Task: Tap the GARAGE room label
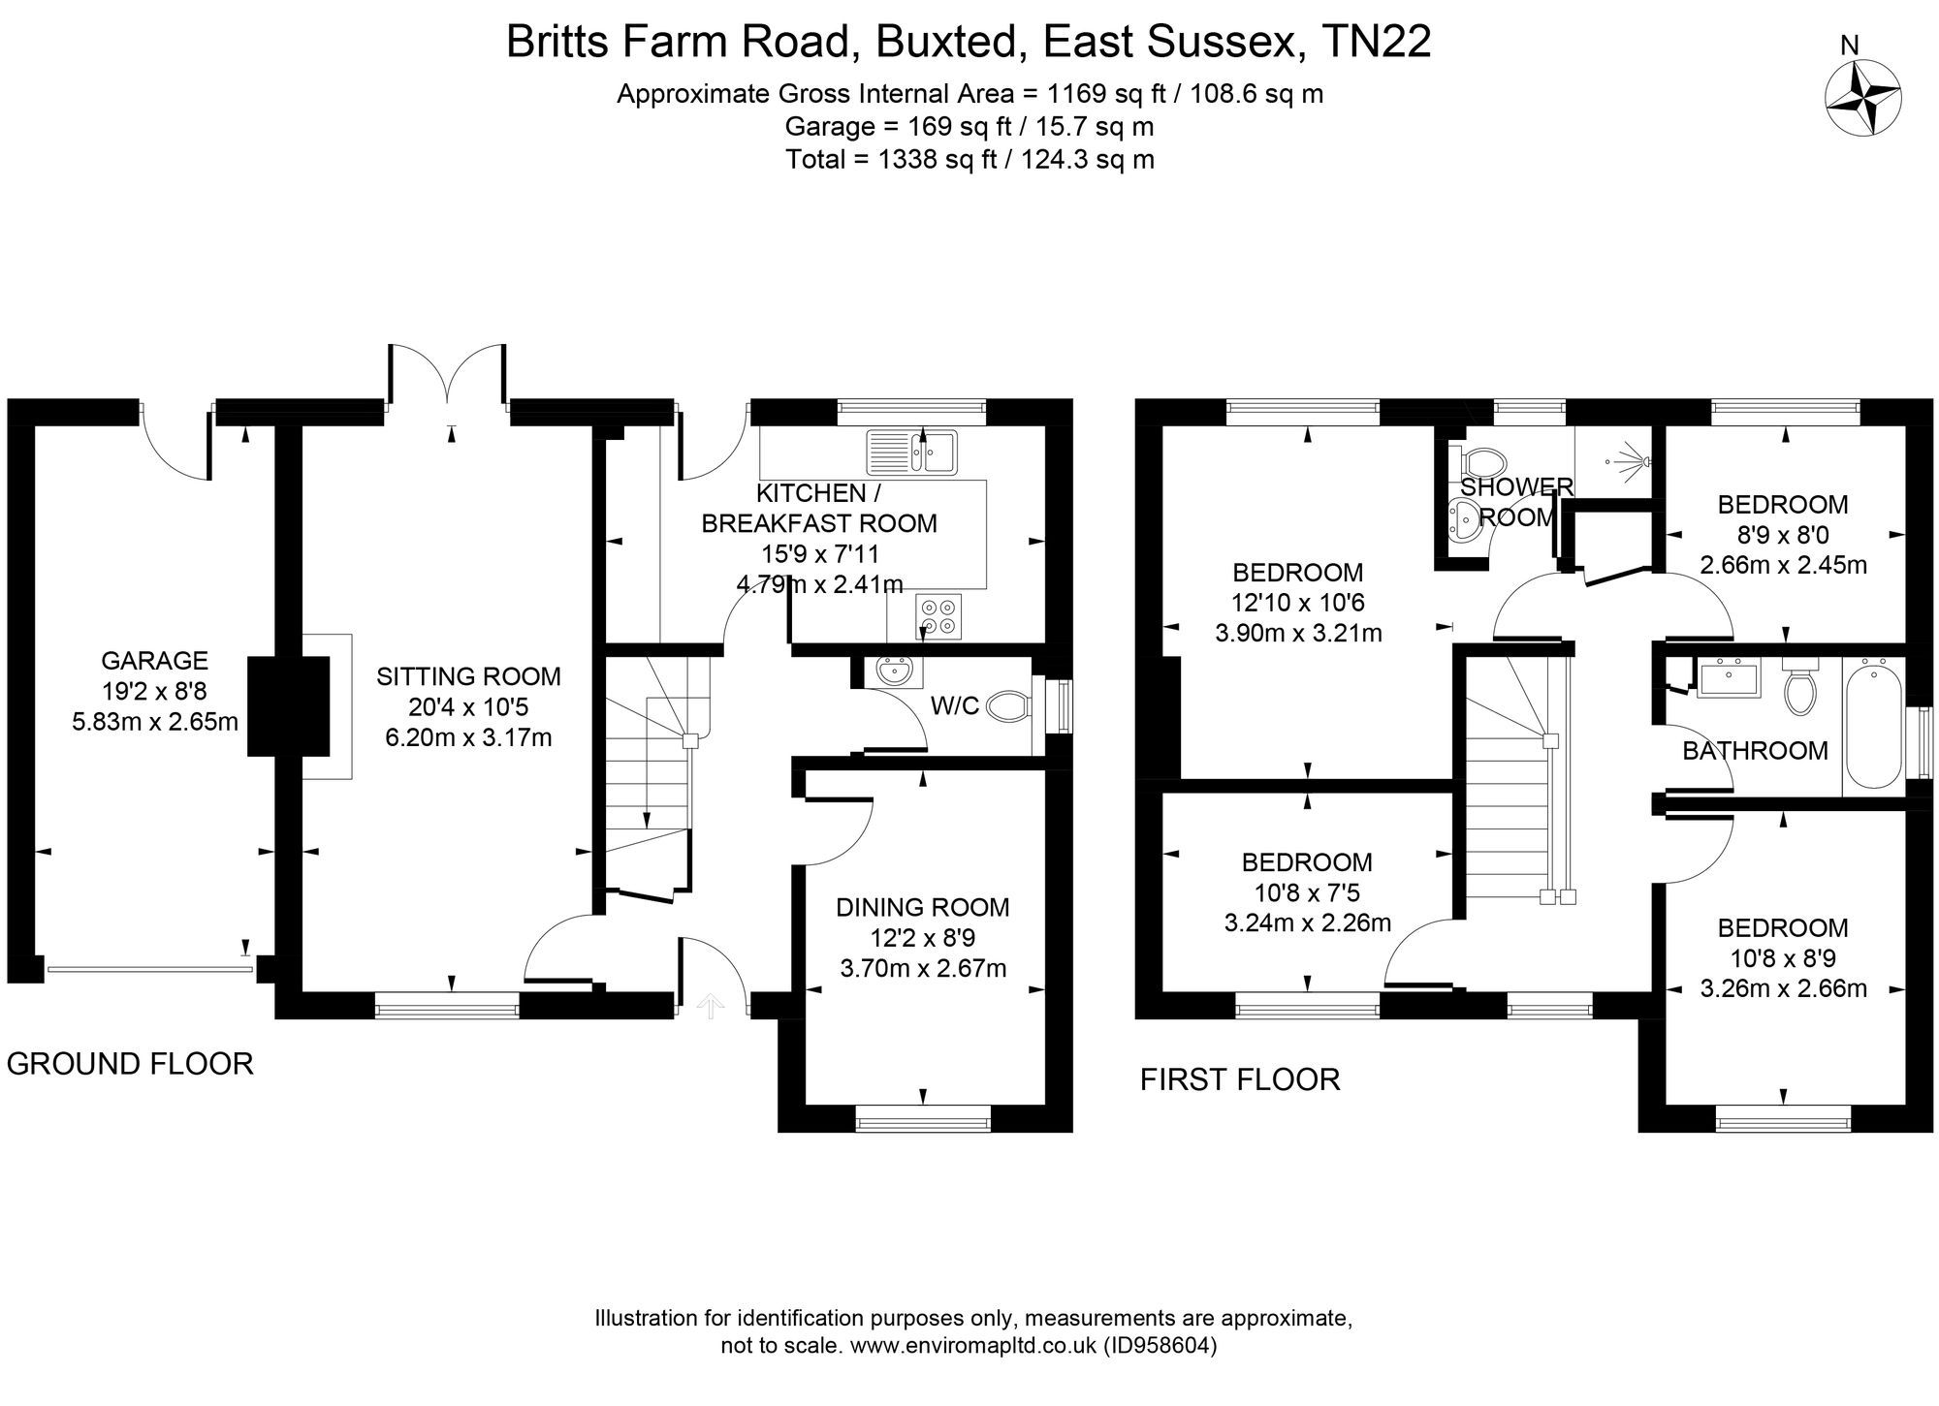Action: point(154,661)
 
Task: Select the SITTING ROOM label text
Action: point(468,676)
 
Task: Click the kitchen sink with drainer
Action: point(911,452)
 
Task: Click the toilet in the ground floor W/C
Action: point(1009,708)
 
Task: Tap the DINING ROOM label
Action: point(922,907)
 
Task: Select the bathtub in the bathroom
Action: point(1872,723)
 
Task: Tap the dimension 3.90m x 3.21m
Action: point(1298,634)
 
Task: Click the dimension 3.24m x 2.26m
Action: point(1307,922)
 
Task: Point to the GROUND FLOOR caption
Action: point(130,1064)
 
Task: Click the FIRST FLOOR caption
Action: point(1239,1079)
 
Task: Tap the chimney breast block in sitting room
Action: point(288,705)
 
